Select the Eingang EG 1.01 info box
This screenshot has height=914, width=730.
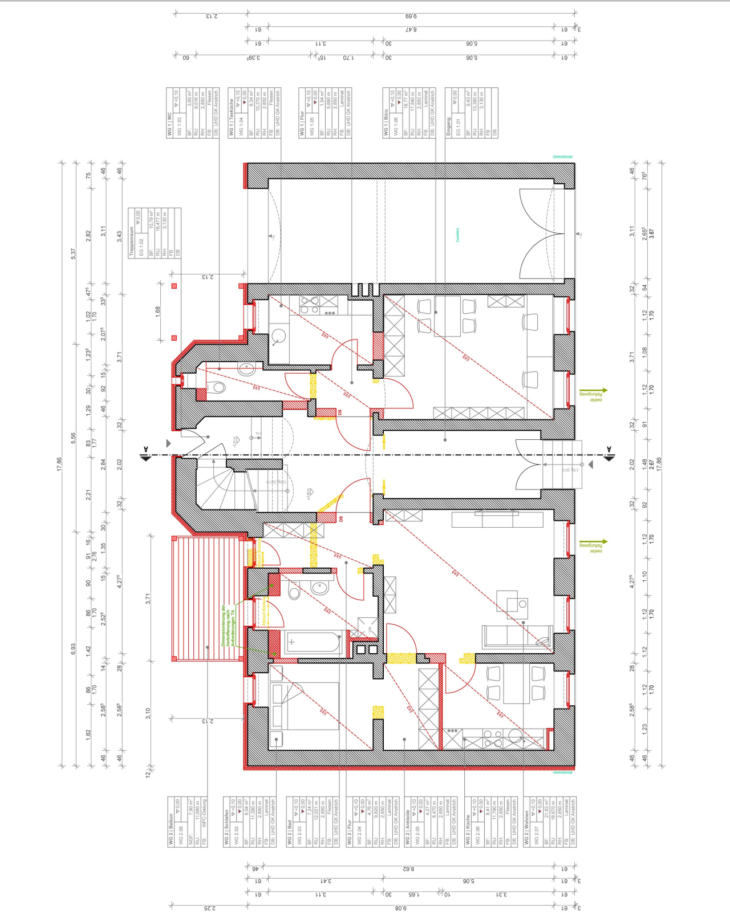[471, 112]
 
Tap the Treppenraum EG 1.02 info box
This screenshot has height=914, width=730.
[154, 233]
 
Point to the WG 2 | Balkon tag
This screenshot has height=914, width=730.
[188, 822]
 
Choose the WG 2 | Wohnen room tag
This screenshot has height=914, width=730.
[549, 822]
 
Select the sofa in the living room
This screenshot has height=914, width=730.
[516, 637]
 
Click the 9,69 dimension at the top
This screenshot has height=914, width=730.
[410, 16]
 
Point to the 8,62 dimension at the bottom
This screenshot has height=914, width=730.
[408, 869]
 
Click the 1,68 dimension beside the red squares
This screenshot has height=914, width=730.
[158, 311]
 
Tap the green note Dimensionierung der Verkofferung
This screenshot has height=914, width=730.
[228, 625]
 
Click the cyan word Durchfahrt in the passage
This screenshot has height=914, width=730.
[457, 234]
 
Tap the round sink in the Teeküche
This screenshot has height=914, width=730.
[279, 337]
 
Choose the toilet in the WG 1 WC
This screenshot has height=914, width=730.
[216, 389]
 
